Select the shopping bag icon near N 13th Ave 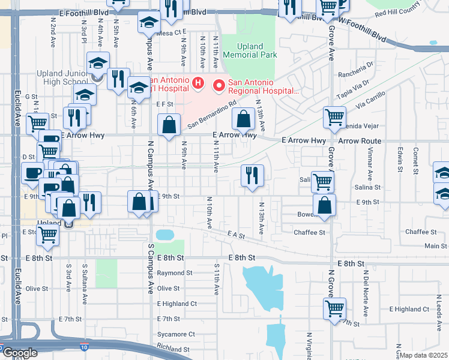point(243,119)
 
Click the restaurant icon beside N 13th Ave point(252,175)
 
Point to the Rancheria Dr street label point(357,65)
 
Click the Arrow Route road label point(360,141)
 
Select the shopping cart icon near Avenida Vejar point(335,117)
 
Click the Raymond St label point(174,272)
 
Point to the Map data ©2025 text point(423,355)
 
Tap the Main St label point(436,245)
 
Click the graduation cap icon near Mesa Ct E point(148,23)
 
